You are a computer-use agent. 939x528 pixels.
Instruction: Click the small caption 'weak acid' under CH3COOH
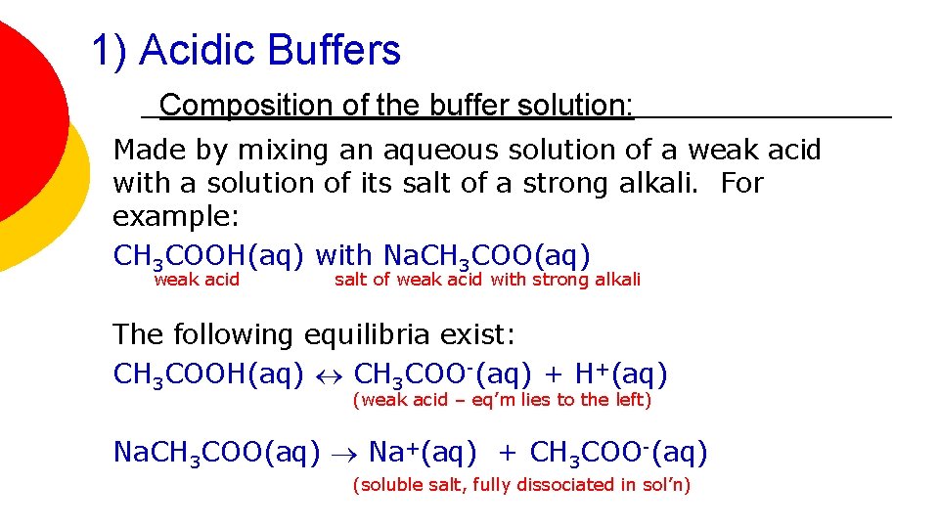pos(197,281)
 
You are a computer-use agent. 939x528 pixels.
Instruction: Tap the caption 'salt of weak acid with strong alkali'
pos(487,281)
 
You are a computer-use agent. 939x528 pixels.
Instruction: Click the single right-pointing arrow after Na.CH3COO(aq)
pos(344,454)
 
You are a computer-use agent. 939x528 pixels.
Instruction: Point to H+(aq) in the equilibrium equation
pos(621,374)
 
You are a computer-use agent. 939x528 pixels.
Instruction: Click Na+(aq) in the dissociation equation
pos(423,453)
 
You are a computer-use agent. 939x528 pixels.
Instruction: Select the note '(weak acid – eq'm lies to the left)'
pos(501,399)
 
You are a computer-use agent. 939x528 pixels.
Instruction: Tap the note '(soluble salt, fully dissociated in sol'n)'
pos(520,485)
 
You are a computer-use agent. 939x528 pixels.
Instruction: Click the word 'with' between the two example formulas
pos(344,256)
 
